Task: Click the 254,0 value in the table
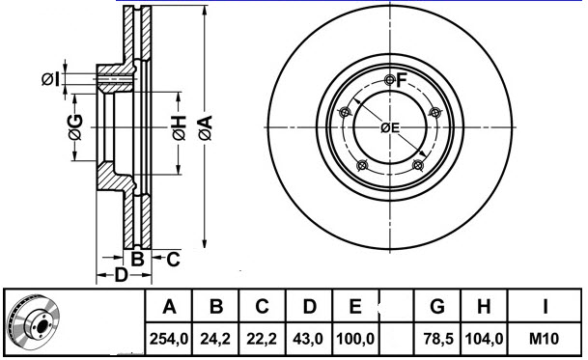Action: [170, 339]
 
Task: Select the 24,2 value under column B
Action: [216, 339]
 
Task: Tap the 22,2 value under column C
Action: [262, 339]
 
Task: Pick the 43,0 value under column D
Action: [309, 339]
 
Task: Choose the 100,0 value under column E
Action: [355, 339]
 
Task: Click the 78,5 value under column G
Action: [438, 339]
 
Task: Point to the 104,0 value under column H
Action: [486, 339]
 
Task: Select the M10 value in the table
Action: [546, 339]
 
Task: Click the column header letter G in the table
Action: [438, 308]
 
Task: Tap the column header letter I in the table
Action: [546, 308]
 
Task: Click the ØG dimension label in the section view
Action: [74, 125]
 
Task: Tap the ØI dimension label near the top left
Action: [50, 78]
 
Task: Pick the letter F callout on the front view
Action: [403, 78]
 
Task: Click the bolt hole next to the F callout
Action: [389, 79]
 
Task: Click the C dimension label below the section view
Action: [172, 258]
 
